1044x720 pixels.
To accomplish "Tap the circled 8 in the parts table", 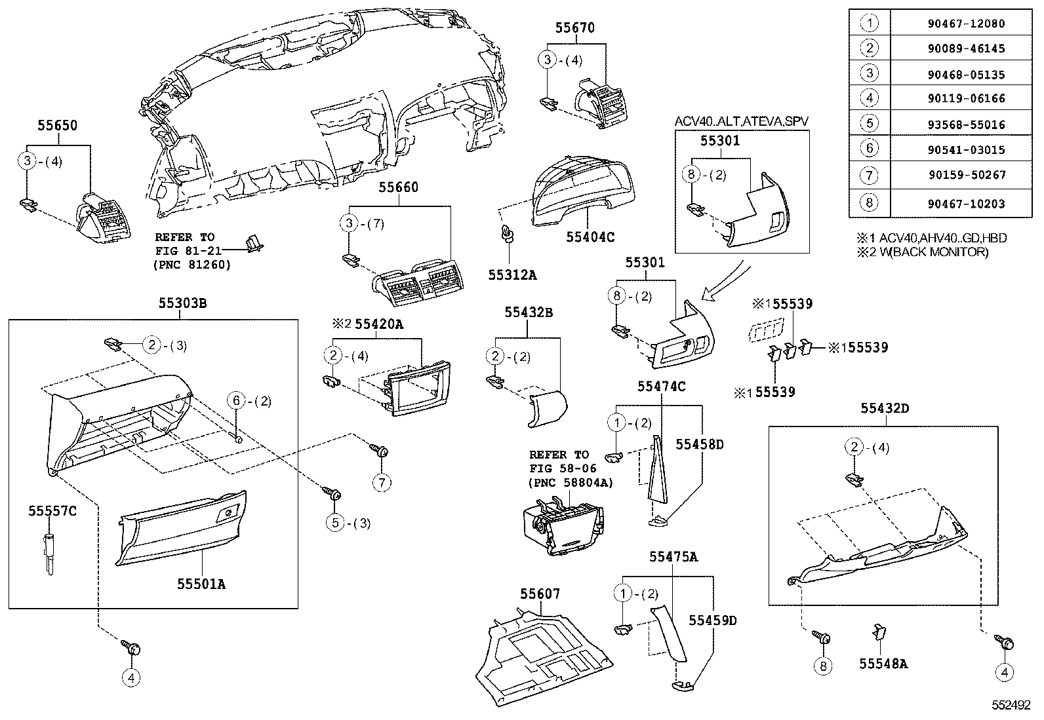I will coord(869,203).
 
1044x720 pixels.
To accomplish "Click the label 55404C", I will coord(590,237).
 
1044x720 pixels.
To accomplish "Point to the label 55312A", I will coord(512,275).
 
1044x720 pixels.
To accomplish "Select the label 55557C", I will coord(52,511).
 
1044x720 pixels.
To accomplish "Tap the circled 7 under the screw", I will coord(382,483).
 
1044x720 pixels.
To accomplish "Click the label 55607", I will coord(540,594).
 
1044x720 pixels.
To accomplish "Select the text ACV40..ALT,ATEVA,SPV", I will coord(742,121).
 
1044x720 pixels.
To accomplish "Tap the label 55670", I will coord(574,28).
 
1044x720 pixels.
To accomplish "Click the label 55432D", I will coord(885,409).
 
